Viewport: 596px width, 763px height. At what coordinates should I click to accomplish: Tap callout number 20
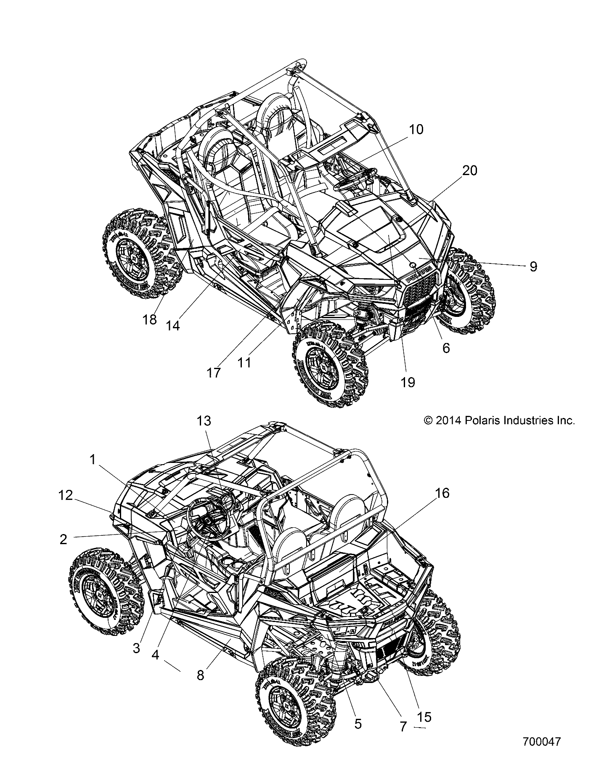tap(470, 171)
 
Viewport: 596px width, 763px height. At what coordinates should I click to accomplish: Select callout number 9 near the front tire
tap(533, 266)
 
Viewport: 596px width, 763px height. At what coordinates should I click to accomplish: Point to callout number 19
tap(408, 382)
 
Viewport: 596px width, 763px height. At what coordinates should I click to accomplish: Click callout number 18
tap(149, 319)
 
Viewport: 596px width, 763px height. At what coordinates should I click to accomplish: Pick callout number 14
tap(172, 325)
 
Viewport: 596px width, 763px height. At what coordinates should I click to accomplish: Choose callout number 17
tap(214, 372)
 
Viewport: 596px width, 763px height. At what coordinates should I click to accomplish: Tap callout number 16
tap(440, 493)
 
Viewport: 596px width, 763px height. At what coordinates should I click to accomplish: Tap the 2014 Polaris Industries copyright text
tap(499, 420)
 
